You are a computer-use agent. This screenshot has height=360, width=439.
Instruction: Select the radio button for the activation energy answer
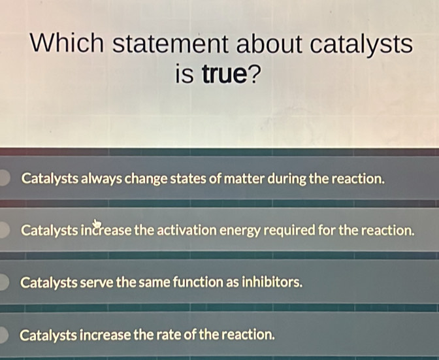[x=3, y=231]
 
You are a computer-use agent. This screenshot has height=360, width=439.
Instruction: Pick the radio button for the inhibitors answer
[x=3, y=283]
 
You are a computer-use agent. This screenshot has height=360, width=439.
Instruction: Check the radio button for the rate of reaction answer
[x=3, y=335]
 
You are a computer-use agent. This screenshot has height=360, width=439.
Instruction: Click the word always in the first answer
[x=104, y=178]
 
